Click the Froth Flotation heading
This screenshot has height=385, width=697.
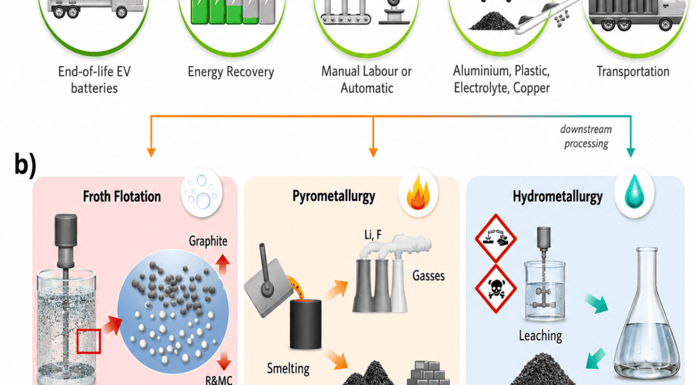pyautogui.click(x=122, y=196)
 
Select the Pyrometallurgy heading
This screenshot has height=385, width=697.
pyautogui.click(x=334, y=196)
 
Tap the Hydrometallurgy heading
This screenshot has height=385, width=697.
pyautogui.click(x=558, y=197)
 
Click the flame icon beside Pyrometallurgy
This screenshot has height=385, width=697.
pyautogui.click(x=418, y=192)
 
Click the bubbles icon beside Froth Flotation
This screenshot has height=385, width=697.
pyautogui.click(x=202, y=192)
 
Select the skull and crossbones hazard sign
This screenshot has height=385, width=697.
pyautogui.click(x=496, y=288)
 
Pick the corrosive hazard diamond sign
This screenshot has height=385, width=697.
pyautogui.click(x=496, y=238)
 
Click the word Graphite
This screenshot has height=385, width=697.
pyautogui.click(x=208, y=241)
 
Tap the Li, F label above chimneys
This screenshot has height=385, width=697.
pyautogui.click(x=373, y=234)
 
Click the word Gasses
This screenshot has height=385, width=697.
pyautogui.click(x=428, y=275)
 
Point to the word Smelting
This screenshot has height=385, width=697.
pyautogui.click(x=288, y=368)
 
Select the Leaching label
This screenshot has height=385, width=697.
pyautogui.click(x=540, y=336)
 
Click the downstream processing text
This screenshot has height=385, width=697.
pyautogui.click(x=586, y=136)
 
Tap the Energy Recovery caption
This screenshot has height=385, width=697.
pyautogui.click(x=231, y=72)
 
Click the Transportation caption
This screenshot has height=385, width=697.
pyautogui.click(x=633, y=71)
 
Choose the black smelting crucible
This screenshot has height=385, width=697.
pyautogui.click(x=306, y=324)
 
